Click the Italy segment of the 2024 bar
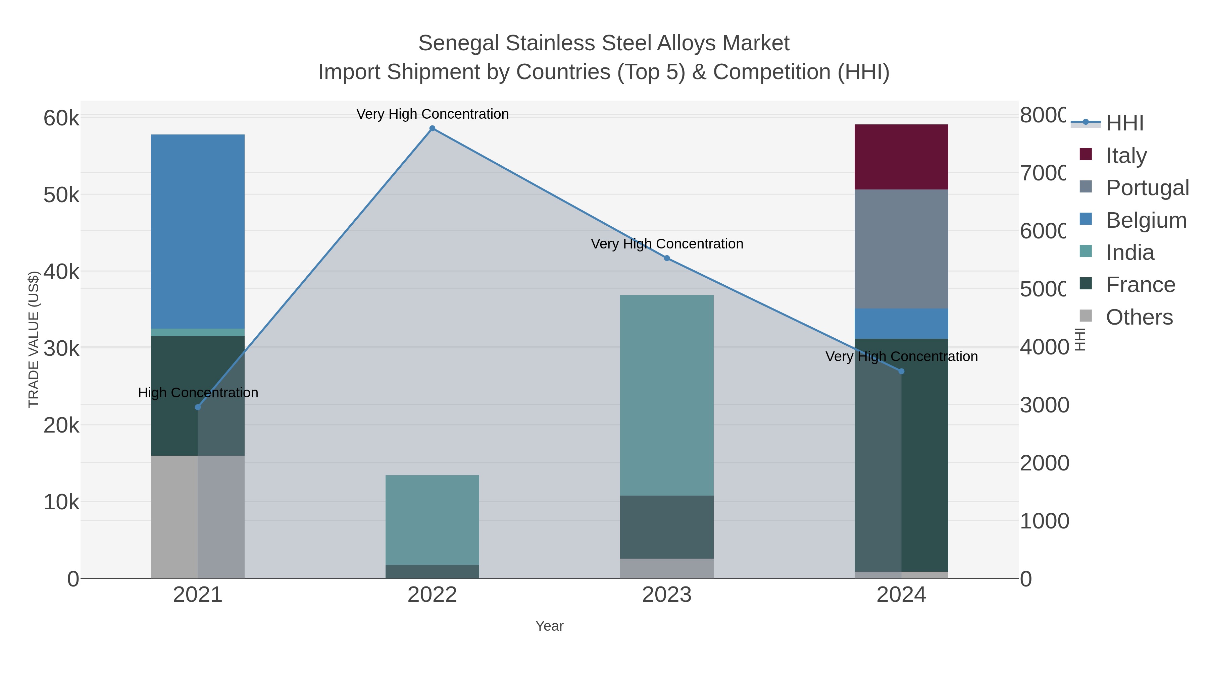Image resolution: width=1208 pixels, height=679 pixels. pos(901,157)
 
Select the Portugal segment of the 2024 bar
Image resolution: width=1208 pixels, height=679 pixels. pos(901,249)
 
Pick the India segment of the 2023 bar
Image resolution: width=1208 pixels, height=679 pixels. pos(666,395)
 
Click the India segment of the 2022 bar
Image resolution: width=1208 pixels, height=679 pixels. pos(432,520)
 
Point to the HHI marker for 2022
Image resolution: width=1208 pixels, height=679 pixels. pos(433,128)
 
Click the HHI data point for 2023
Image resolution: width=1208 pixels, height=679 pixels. pos(667,258)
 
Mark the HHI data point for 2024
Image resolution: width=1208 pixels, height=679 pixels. pos(901,372)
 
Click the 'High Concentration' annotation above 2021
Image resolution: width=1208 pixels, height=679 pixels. pos(198,393)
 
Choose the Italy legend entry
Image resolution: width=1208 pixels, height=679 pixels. pos(1125,155)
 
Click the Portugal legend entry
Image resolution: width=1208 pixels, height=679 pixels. pos(1147,187)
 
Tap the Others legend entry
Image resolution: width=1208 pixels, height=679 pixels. pos(1139,317)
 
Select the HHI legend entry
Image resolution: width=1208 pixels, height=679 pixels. pos(1124,123)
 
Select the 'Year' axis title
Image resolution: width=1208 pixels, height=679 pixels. pos(549,626)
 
